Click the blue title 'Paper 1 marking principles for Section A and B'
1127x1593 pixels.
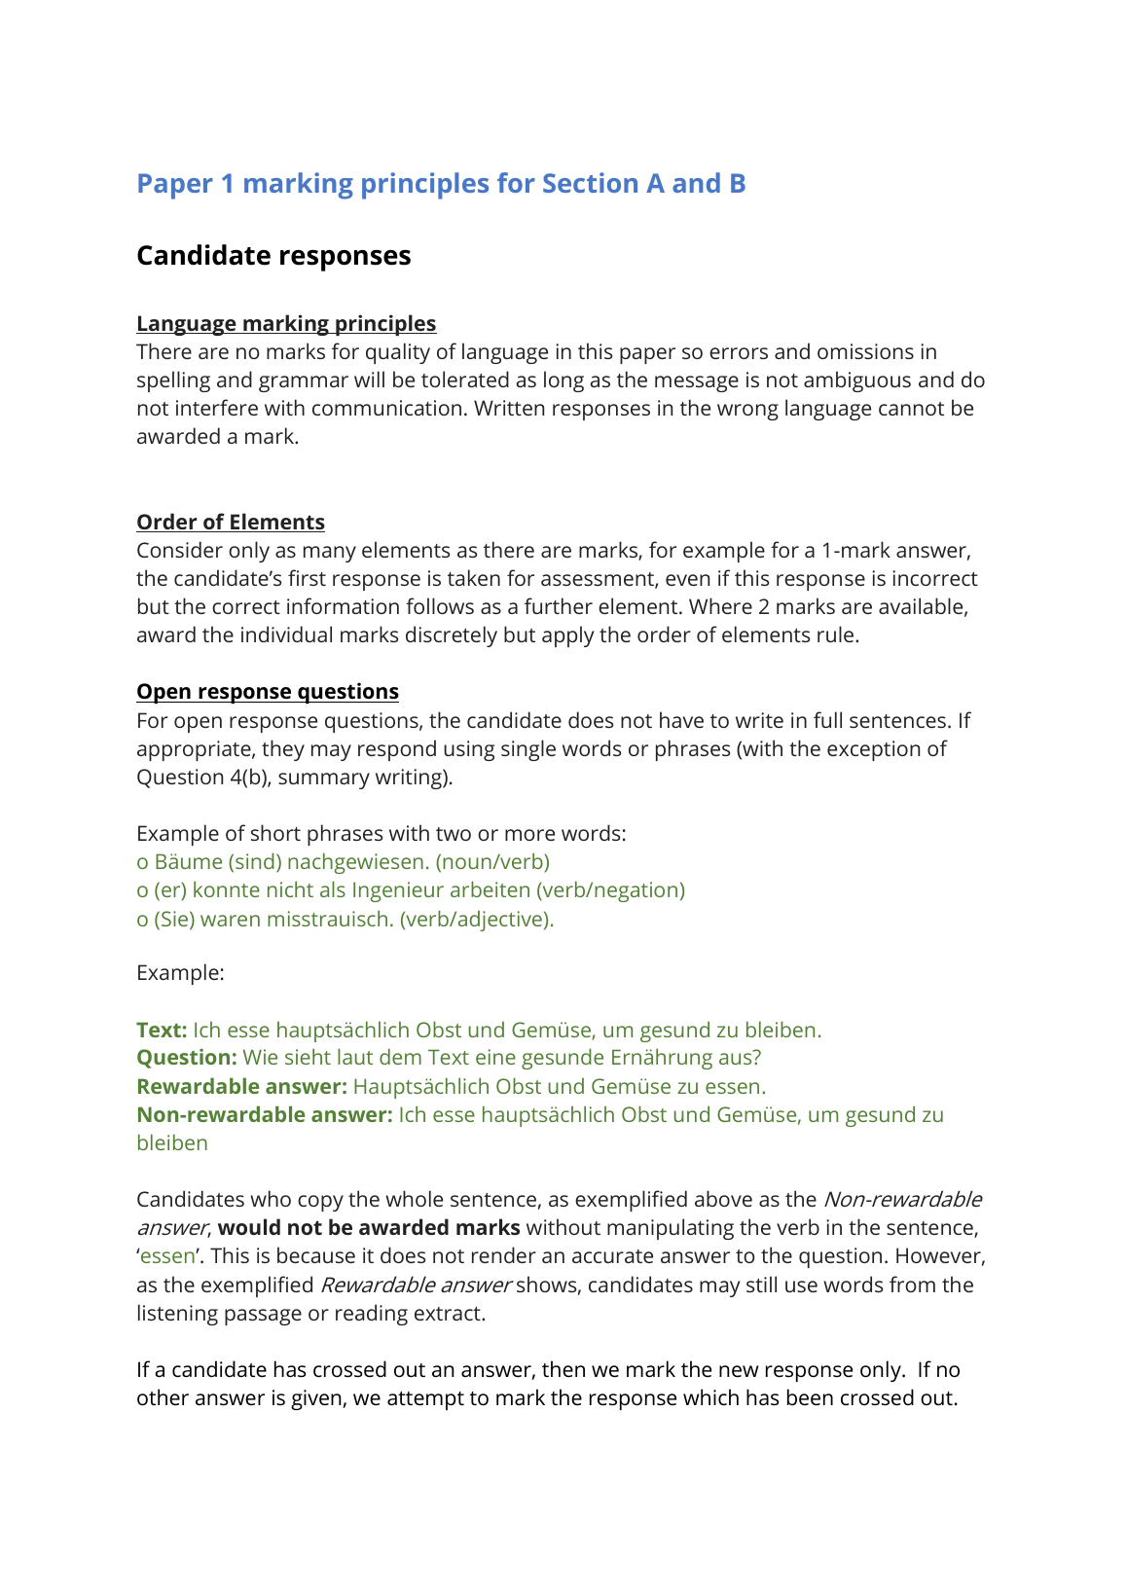(x=441, y=184)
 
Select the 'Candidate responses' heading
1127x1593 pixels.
(x=273, y=256)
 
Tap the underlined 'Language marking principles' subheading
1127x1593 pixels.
(x=286, y=324)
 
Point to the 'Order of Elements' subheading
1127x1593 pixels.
(x=231, y=523)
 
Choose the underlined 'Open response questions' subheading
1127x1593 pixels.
(x=268, y=692)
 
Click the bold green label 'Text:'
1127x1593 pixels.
(x=162, y=1031)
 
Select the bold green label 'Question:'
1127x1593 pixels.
(x=187, y=1058)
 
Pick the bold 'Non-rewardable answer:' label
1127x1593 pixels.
(x=264, y=1115)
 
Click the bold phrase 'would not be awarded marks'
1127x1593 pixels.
(x=369, y=1228)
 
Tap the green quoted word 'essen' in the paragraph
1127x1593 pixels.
(x=167, y=1256)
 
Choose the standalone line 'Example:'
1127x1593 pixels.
(x=180, y=973)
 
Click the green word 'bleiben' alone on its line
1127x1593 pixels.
(x=172, y=1143)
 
